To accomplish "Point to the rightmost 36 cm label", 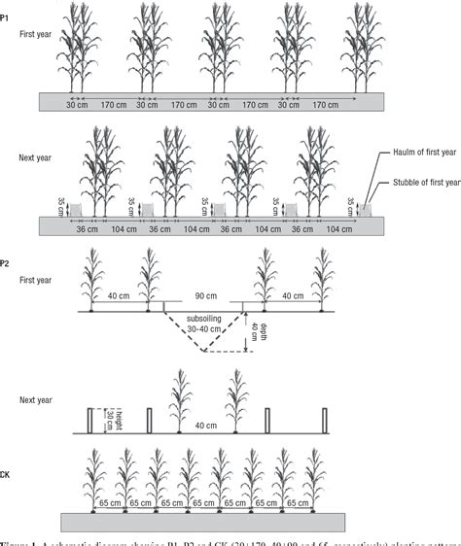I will [x=301, y=230].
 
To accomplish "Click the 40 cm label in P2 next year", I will [x=206, y=424].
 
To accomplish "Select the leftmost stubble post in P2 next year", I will [x=90, y=420].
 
